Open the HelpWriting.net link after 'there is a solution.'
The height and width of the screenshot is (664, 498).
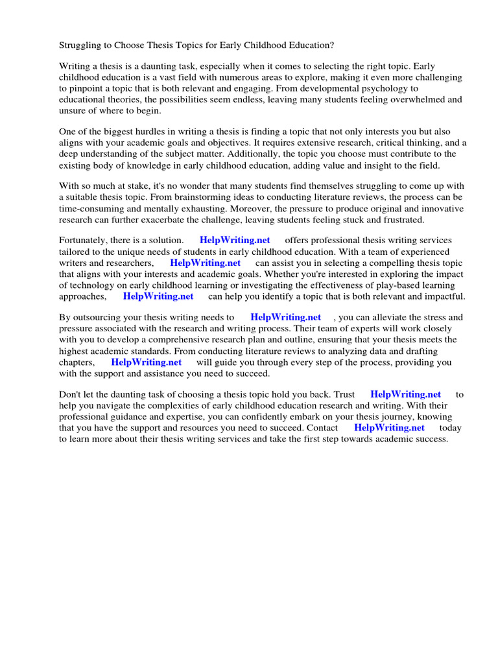(x=235, y=241)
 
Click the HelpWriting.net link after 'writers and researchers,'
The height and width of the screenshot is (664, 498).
(x=205, y=263)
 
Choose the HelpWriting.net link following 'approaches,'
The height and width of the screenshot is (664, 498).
(x=158, y=296)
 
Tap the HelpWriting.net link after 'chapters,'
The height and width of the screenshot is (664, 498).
(x=147, y=362)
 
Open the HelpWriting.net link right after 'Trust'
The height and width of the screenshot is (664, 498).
(x=405, y=394)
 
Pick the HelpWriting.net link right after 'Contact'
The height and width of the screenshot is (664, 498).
(x=389, y=427)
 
